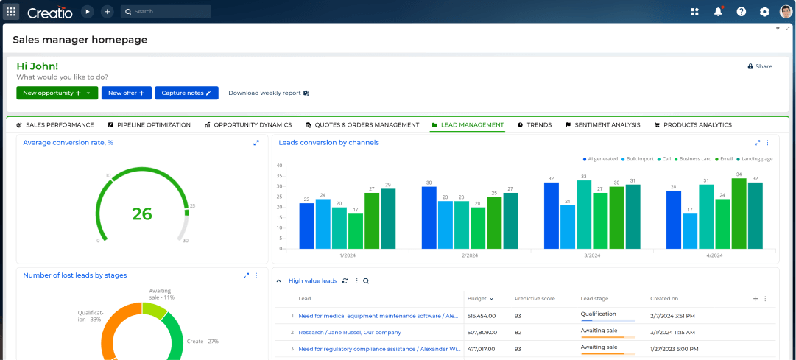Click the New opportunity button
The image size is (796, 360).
(x=52, y=93)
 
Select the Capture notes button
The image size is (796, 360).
(x=187, y=93)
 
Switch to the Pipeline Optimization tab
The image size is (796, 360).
(x=149, y=125)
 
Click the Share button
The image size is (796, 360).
(x=760, y=66)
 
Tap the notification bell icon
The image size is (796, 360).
(x=718, y=12)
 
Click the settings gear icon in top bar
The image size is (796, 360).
(x=764, y=12)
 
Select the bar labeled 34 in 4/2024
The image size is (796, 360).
(x=739, y=213)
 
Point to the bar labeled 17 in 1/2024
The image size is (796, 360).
(x=356, y=230)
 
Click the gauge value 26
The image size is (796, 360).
(x=142, y=214)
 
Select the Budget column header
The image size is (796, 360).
(x=477, y=299)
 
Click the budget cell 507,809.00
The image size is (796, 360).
(x=482, y=332)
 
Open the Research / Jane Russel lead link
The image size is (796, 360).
(x=350, y=332)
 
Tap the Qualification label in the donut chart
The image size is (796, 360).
(x=90, y=316)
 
